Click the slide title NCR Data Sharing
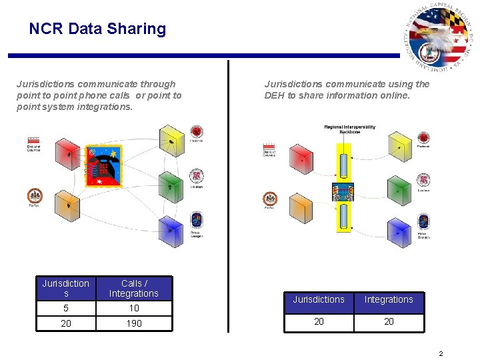(x=97, y=29)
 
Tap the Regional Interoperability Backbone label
(x=350, y=129)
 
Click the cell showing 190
(x=134, y=323)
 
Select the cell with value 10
(x=134, y=308)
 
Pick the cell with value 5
(x=65, y=308)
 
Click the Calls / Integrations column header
(x=134, y=288)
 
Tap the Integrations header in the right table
(x=389, y=299)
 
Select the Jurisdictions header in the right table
(x=319, y=299)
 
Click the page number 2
(x=441, y=353)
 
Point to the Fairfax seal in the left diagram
(x=34, y=197)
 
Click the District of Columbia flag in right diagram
(x=269, y=146)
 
